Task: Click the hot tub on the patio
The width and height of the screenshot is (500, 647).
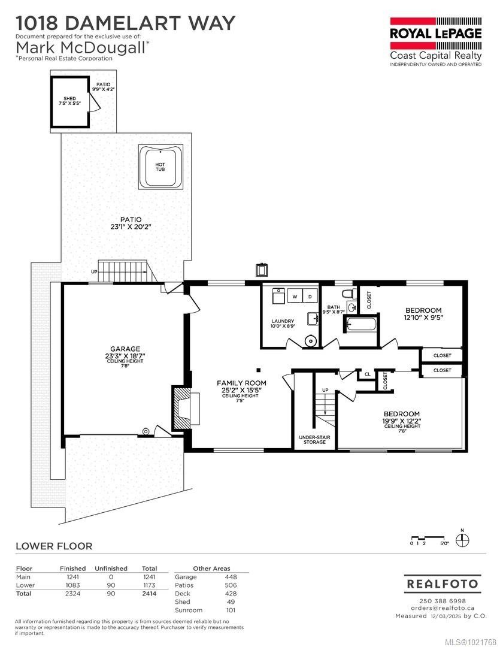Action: pyautogui.click(x=160, y=165)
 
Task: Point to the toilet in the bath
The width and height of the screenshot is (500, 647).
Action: pyautogui.click(x=347, y=294)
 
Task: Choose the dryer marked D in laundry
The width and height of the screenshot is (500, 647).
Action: pyautogui.click(x=310, y=296)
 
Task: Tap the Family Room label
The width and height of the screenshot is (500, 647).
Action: pyautogui.click(x=241, y=383)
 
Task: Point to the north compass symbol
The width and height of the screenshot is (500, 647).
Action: pyautogui.click(x=462, y=540)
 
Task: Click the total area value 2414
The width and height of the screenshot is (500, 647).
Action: pyautogui.click(x=149, y=593)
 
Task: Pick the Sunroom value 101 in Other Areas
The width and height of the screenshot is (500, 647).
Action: pyautogui.click(x=230, y=610)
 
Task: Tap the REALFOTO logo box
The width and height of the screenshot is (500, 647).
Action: pyautogui.click(x=441, y=583)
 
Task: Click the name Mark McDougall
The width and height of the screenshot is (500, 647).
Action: pyautogui.click(x=80, y=48)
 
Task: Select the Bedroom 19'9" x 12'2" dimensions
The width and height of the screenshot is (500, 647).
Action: pyautogui.click(x=402, y=421)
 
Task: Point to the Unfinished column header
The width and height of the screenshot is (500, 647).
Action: pyautogui.click(x=111, y=569)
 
